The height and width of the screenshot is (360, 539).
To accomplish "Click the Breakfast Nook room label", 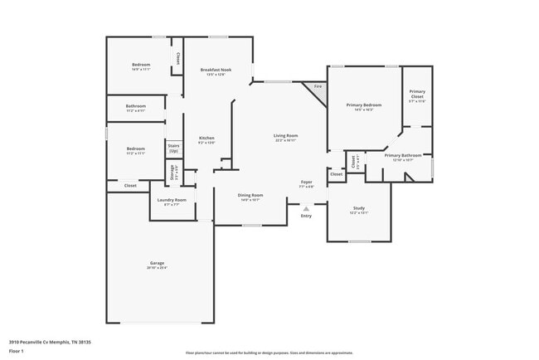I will (x=215, y=71).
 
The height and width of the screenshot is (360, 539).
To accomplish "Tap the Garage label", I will (x=157, y=263).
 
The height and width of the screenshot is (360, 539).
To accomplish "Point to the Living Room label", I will (x=286, y=135).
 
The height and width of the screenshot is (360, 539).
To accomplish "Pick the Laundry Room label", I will (x=172, y=200).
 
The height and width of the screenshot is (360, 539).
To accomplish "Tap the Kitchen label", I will (x=206, y=138).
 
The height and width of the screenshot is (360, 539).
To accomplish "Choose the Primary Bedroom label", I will (x=364, y=105).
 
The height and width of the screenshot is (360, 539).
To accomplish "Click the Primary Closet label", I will (x=418, y=95).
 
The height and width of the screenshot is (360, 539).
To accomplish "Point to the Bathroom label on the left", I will (x=136, y=106).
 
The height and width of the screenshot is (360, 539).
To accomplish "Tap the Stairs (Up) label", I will (x=173, y=148).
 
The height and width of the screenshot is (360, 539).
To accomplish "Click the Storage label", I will (x=172, y=173).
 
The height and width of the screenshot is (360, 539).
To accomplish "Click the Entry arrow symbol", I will (x=306, y=208).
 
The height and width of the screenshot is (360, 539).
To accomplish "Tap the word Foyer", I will (x=306, y=182).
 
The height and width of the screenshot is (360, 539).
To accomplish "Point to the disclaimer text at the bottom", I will (x=269, y=353).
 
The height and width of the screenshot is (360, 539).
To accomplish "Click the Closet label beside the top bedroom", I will (x=177, y=58).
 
